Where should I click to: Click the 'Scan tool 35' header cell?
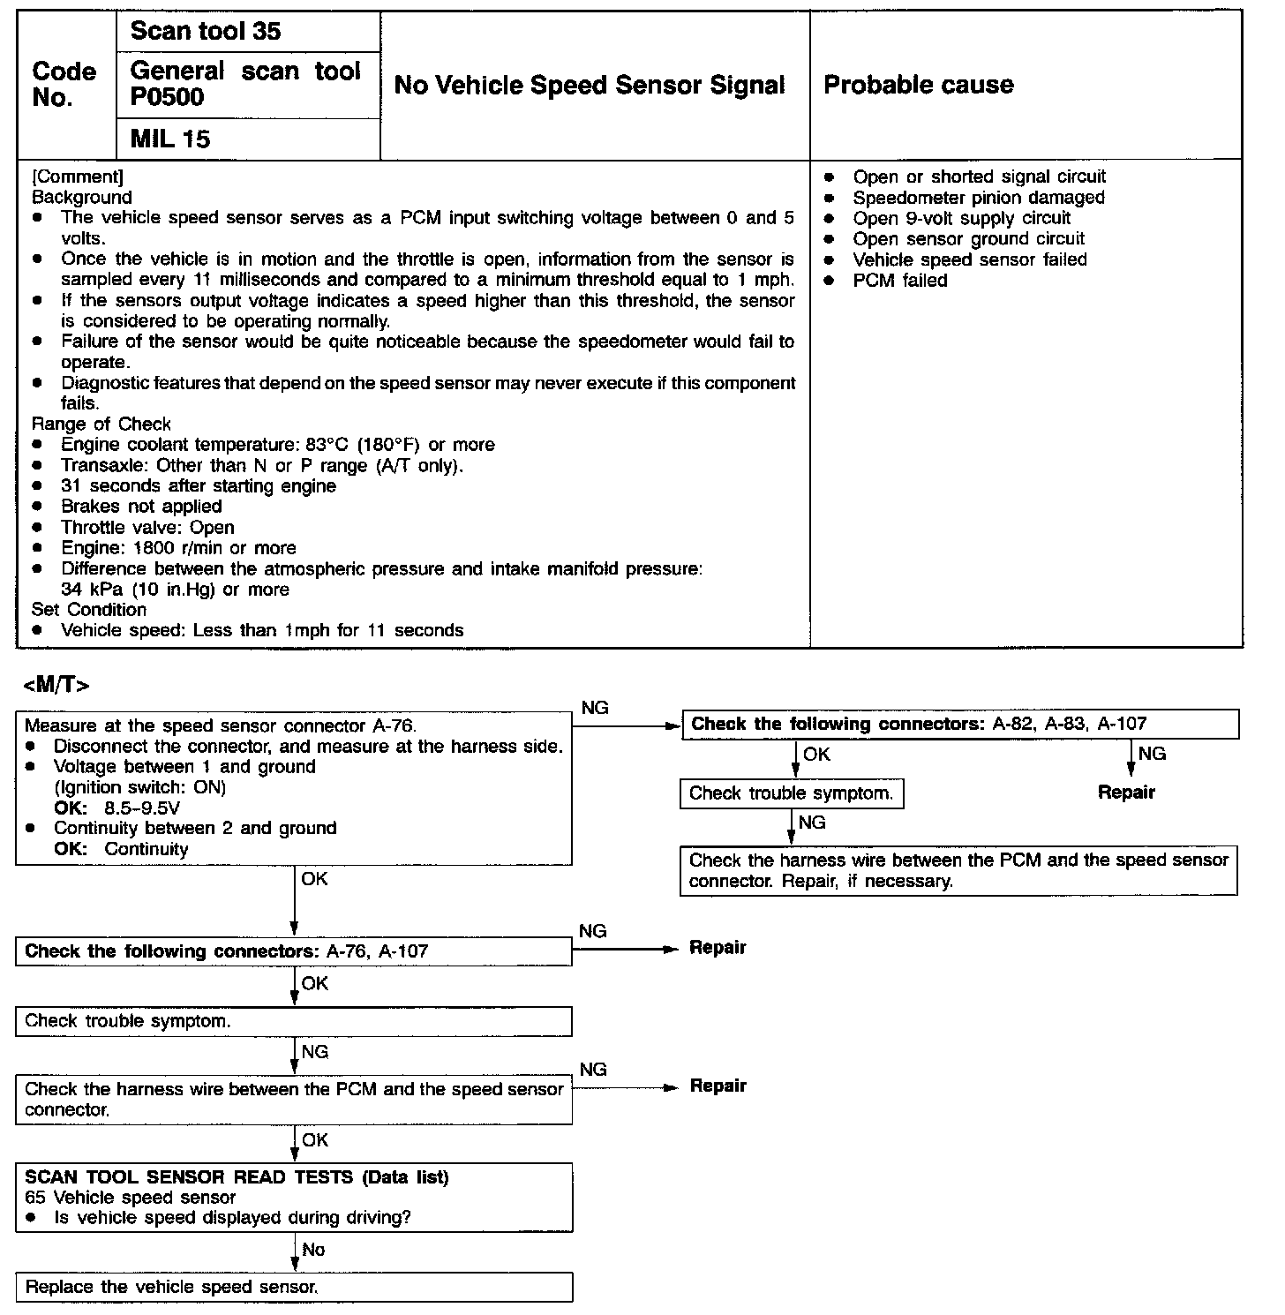205,32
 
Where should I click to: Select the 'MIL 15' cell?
170,139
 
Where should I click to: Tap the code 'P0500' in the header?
167,97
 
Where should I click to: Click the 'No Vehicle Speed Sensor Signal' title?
589,86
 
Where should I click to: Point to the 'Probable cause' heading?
918,85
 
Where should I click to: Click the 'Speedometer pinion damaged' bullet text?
978,198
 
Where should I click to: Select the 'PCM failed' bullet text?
899,281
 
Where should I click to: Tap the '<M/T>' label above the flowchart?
56,685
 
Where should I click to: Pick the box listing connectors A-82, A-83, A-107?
960,725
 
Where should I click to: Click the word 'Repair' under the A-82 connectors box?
1126,793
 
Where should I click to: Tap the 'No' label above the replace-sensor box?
313,1250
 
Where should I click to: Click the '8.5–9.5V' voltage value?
142,808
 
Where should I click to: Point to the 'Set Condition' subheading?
89,610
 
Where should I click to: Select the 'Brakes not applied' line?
141,507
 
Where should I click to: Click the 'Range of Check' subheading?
101,425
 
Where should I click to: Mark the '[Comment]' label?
78,177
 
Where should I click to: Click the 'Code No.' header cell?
64,85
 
